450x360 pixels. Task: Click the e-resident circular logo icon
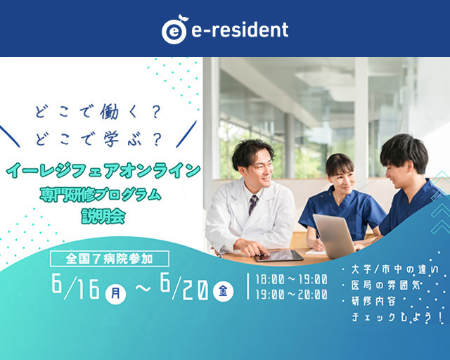tap(174, 30)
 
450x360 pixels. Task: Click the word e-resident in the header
tap(240, 30)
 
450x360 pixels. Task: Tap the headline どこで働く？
tap(98, 112)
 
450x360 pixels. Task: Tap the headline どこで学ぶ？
tap(98, 139)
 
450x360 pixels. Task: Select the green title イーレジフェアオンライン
tap(103, 170)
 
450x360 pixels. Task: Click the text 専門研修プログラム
tap(101, 194)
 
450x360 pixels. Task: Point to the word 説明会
tap(103, 216)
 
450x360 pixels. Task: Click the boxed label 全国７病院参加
tap(110, 259)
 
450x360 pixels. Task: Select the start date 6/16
tap(76, 285)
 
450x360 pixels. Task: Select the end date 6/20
tap(184, 285)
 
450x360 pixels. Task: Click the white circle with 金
tap(224, 291)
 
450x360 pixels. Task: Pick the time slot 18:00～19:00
tap(291, 279)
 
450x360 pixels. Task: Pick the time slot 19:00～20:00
tap(291, 295)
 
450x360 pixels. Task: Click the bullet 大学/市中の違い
tap(395, 269)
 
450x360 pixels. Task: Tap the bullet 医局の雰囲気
tap(386, 285)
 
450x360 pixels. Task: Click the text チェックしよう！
tap(397, 317)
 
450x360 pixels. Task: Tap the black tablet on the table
tap(278, 255)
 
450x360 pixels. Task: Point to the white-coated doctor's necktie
tap(253, 205)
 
